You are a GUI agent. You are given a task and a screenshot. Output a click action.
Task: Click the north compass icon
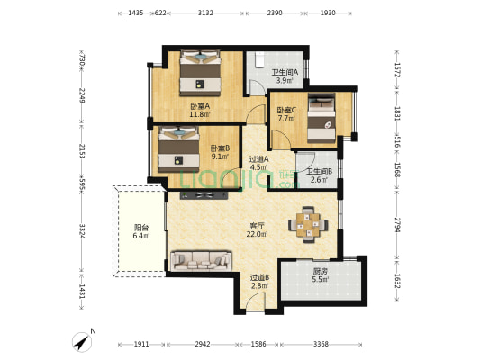click(x=82, y=342)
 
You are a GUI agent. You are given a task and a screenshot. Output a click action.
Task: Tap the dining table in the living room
click(x=308, y=225)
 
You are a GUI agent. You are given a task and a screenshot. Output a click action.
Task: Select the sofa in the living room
click(x=201, y=261)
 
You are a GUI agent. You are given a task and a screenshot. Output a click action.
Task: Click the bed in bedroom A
click(x=200, y=73)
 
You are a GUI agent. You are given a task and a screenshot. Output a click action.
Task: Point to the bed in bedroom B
click(x=178, y=149)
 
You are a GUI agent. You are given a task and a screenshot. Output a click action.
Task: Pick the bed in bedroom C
click(x=322, y=118)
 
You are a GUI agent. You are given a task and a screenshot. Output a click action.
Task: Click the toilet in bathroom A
click(x=260, y=59)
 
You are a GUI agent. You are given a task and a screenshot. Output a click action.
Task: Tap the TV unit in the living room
click(x=204, y=195)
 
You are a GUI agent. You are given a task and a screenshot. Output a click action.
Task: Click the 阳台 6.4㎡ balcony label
click(x=141, y=231)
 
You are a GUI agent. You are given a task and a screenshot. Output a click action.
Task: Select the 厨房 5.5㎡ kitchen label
click(x=321, y=275)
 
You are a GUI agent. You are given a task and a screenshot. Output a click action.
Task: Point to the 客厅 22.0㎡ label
click(x=258, y=230)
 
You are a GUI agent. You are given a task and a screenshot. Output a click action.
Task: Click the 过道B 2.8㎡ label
click(x=259, y=282)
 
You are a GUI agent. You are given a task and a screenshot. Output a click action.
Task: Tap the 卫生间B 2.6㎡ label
click(x=320, y=175)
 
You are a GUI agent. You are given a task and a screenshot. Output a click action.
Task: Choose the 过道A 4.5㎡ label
click(x=259, y=163)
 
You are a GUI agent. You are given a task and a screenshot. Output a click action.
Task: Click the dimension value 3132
click(x=205, y=13)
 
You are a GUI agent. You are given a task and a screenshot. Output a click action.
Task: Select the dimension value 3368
click(x=321, y=344)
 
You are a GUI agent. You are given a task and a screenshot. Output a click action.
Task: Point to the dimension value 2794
click(x=397, y=225)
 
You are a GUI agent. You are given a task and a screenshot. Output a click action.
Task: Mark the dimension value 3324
click(x=82, y=231)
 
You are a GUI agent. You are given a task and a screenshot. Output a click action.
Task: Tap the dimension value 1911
click(x=141, y=344)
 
